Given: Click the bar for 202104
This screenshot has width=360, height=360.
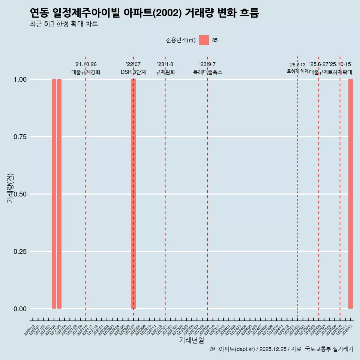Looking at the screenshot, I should pyautogui.click(x=54, y=194).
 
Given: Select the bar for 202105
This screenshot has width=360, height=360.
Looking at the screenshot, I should pyautogui.click(x=59, y=194).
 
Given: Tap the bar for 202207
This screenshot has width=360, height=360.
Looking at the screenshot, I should pyautogui.click(x=133, y=194).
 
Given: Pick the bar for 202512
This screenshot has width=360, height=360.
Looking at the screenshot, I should pyautogui.click(x=351, y=194).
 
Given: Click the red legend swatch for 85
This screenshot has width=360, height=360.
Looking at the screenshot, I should pyautogui.click(x=204, y=40).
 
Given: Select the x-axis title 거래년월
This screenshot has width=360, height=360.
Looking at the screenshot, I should pyautogui.click(x=191, y=340).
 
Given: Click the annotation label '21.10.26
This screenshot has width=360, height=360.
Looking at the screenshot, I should pyautogui.click(x=85, y=64).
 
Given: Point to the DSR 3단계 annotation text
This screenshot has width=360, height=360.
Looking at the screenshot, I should pyautogui.click(x=133, y=72).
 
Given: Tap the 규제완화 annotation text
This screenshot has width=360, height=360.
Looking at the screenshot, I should pyautogui.click(x=165, y=72).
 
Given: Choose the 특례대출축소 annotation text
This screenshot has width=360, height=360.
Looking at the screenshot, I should pyautogui.click(x=207, y=72).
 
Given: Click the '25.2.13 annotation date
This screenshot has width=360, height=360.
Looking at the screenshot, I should pyautogui.click(x=297, y=65).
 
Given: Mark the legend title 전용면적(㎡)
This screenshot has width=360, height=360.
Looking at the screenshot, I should pyautogui.click(x=180, y=40).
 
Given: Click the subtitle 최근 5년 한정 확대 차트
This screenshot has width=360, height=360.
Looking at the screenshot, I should pyautogui.click(x=64, y=24).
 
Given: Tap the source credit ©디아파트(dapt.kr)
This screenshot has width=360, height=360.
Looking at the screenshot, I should pyautogui.click(x=232, y=349).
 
